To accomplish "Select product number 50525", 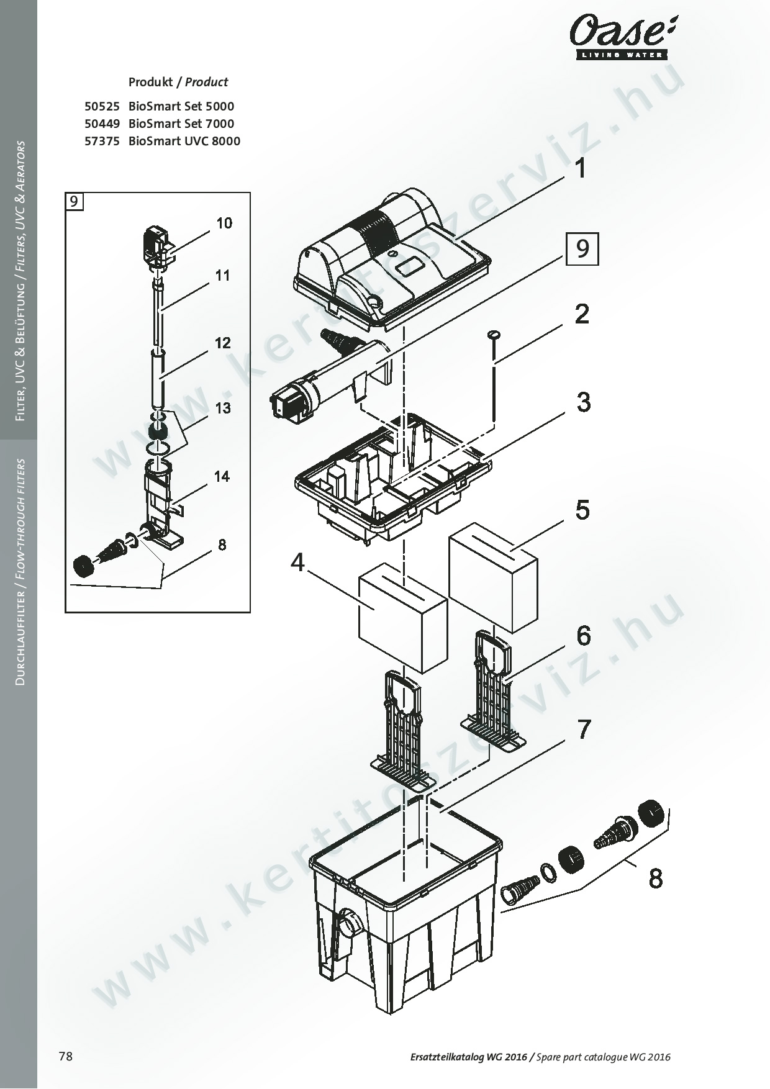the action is tap(102, 106).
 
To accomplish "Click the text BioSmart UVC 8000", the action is tap(184, 141).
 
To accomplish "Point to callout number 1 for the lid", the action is tap(581, 168).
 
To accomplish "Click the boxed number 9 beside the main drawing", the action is tap(582, 248).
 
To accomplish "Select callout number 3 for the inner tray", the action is tap(583, 402).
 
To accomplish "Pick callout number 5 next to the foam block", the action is tap(582, 510).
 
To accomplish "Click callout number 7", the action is tap(584, 730).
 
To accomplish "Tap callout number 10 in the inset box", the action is tap(224, 223).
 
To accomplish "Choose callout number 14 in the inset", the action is tap(222, 476).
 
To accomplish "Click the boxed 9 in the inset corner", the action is tap(75, 202).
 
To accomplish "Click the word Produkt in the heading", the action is tap(150, 82).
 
